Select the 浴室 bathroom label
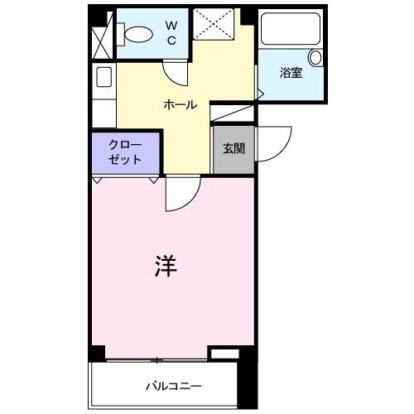291,74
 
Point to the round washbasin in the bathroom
315,57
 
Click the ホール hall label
180,105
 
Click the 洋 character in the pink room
165,265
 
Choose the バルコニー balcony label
174,386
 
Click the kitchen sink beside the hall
103,77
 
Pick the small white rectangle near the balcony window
223,355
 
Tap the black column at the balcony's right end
245,380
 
